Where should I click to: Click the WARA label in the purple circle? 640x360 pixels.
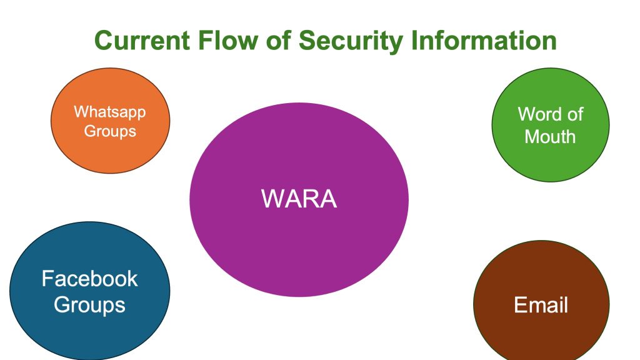(x=299, y=199)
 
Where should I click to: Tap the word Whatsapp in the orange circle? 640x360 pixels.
(x=110, y=112)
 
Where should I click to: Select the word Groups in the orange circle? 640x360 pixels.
(x=110, y=131)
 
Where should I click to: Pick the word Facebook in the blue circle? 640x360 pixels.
(x=89, y=279)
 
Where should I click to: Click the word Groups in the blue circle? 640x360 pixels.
(x=89, y=305)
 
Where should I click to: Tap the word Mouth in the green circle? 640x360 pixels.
(x=550, y=136)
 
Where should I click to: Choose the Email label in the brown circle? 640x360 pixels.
(x=541, y=305)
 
